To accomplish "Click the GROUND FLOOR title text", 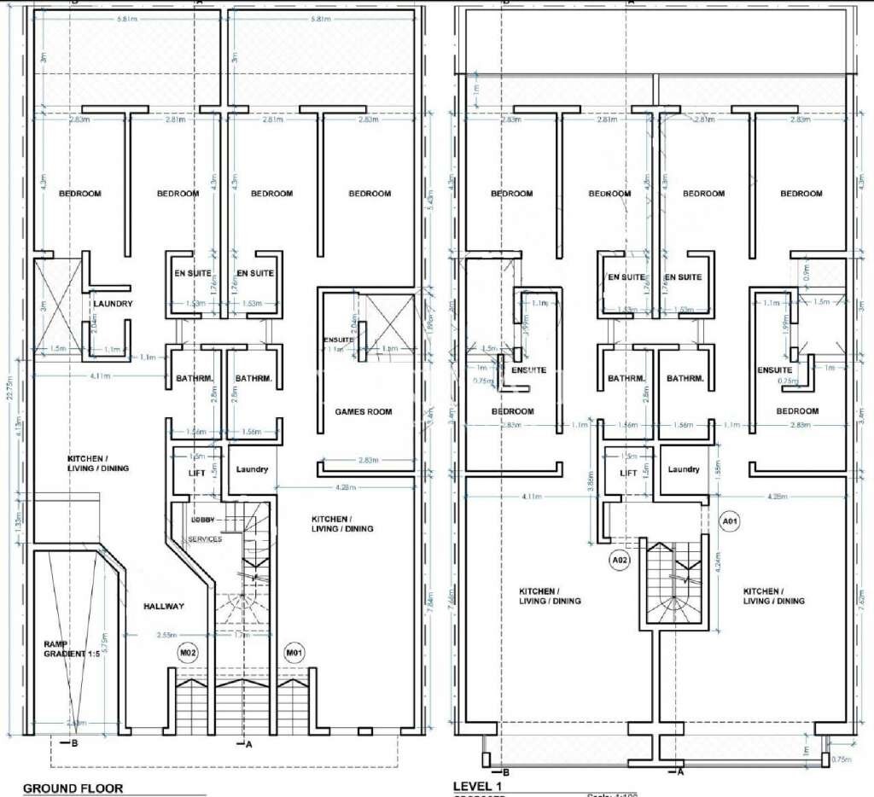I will point(73,788).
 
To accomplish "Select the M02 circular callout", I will point(188,654).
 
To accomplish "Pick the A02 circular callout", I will point(621,560).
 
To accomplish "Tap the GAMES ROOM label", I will point(364,411).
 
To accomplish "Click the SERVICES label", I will point(206,538).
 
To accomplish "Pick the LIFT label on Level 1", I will point(628,473).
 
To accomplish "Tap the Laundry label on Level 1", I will point(684,469).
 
